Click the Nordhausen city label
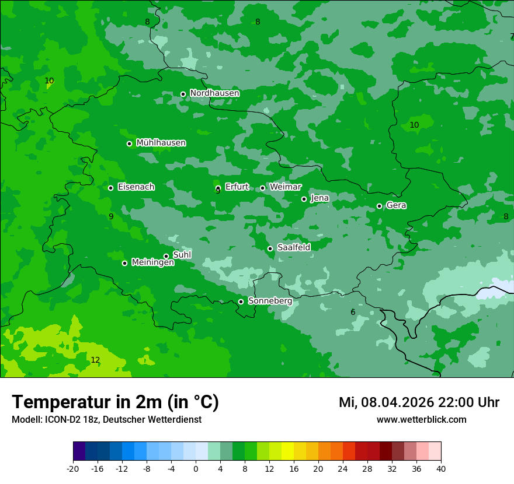coord(214,93)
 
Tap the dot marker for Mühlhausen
coord(129,143)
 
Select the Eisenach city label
coord(136,187)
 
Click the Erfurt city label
coord(237,187)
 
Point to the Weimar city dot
coord(262,188)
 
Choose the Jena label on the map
coord(319,198)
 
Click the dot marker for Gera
coord(379,206)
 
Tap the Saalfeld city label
coord(293,248)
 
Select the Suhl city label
coord(182,255)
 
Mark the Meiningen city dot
coord(124,263)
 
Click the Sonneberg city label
coord(270,301)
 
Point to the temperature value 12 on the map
coord(95,360)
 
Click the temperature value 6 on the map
coord(353,312)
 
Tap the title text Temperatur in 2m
coord(115,402)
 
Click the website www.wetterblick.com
coord(421,419)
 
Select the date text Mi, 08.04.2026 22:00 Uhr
coord(419,402)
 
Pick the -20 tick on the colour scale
coord(73,468)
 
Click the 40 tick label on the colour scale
coord(441,468)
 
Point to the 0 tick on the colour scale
coord(196,468)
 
